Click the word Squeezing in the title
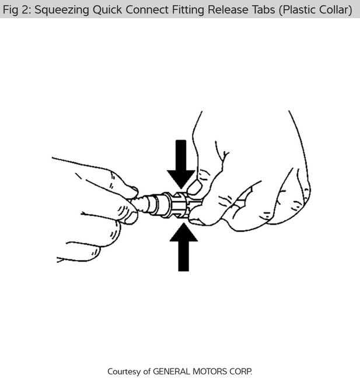coord(61,10)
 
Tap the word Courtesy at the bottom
coord(124,371)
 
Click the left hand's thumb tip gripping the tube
coord(133,193)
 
